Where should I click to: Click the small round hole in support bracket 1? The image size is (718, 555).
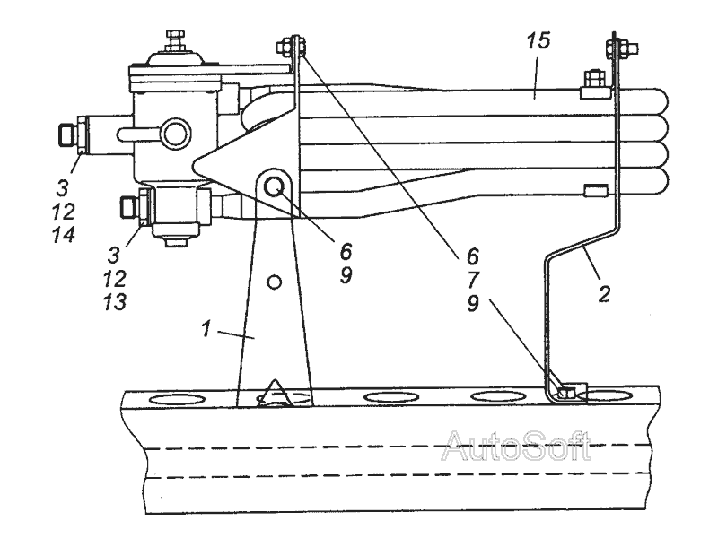pos(275,282)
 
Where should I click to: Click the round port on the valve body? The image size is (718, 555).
pos(173,135)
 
